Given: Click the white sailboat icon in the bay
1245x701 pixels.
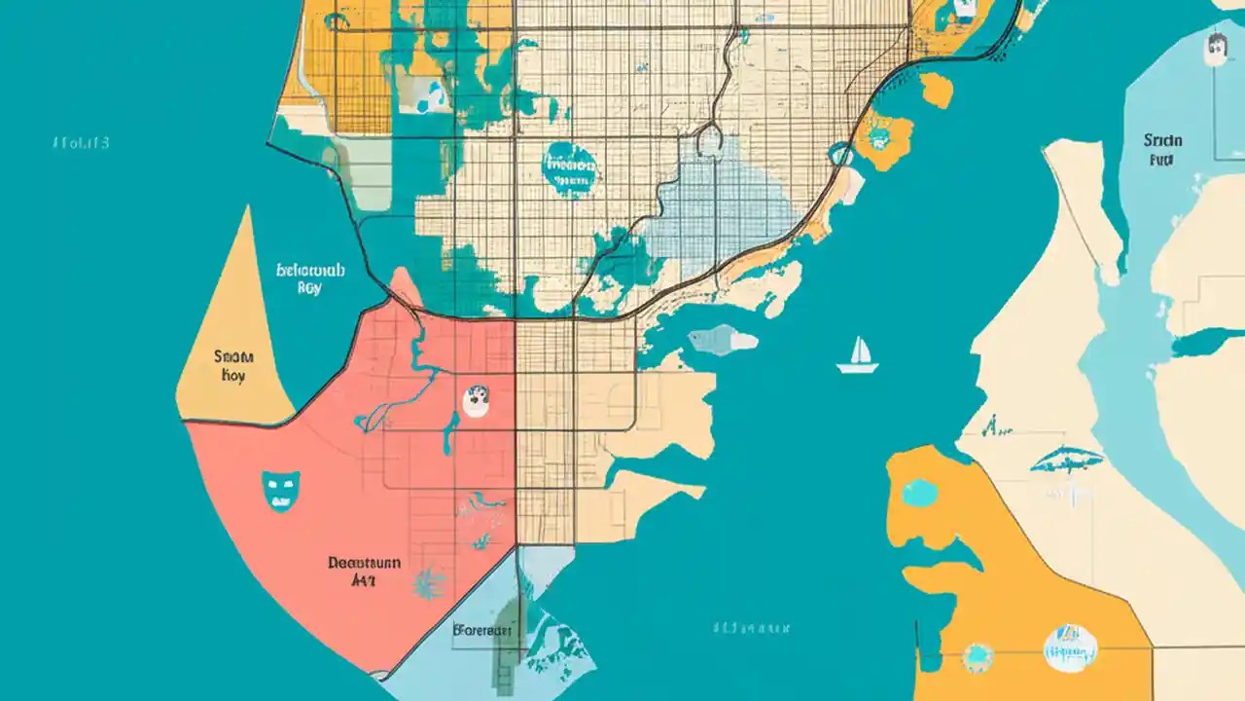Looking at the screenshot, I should coord(858,356).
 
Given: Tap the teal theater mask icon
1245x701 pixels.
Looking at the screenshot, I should coord(279,490).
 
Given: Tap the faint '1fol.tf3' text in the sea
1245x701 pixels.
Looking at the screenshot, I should coord(81,144).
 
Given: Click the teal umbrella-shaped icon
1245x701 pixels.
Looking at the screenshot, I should coord(1066,461).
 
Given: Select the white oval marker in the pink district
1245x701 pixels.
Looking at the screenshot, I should coord(476,400).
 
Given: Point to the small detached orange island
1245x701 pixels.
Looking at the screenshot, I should coord(937,91).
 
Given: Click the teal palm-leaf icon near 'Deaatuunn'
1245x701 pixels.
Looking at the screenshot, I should coord(429,583).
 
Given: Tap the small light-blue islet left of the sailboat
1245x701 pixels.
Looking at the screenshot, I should coord(722,340).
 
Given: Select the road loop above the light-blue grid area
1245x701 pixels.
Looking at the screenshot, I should coord(710,140).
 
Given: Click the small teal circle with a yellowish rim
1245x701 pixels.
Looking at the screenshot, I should coord(977,657).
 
